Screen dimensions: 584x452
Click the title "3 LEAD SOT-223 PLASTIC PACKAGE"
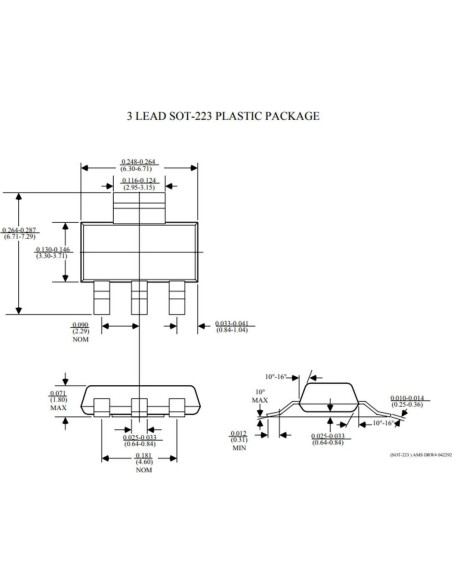click(223, 116)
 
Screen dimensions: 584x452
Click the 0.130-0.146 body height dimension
click(52, 252)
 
